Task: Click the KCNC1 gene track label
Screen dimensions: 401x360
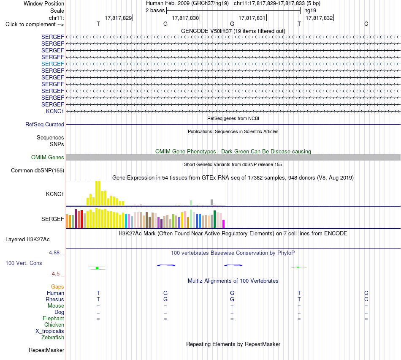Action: coord(55,111)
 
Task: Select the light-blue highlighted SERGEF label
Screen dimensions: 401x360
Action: coord(52,64)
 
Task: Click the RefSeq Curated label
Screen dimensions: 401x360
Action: coord(45,125)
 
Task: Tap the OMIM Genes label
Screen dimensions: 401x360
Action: coord(48,157)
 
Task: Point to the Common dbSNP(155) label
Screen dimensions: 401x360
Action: coord(38,171)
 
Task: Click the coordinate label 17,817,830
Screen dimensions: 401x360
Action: coord(185,18)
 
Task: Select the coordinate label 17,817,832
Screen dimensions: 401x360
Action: coord(319,18)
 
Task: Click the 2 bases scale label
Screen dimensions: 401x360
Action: coord(155,11)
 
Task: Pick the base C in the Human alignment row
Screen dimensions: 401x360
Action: coord(366,293)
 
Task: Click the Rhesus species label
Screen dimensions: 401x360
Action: coord(55,299)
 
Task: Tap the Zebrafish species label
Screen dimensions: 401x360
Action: coord(53,337)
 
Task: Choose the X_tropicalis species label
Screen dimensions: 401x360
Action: coord(50,331)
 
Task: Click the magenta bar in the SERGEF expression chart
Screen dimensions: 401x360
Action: coord(224,224)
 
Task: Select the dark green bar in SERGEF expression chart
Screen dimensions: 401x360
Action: coord(214,219)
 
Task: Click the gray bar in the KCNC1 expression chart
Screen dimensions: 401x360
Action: coord(212,202)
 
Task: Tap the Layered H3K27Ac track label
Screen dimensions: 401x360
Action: coord(27,240)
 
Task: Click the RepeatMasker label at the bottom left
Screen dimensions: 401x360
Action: coord(46,350)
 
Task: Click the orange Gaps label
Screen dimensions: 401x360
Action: coord(57,287)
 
